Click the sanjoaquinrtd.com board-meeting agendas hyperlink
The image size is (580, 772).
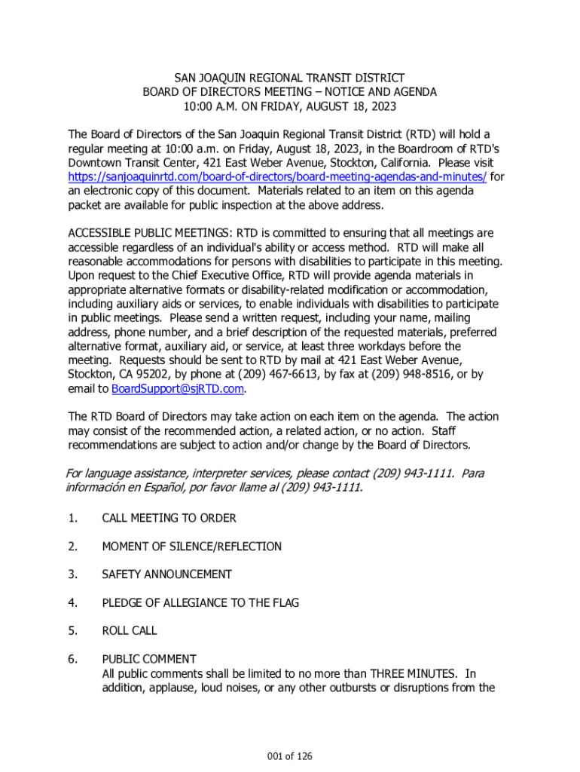point(277,176)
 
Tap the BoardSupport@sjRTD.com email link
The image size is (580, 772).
point(178,388)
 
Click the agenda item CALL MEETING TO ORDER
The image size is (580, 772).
point(169,518)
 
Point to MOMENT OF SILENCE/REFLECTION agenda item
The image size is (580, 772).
point(191,547)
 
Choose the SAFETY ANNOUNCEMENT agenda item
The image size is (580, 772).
point(166,574)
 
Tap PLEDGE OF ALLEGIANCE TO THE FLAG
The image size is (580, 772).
point(200,602)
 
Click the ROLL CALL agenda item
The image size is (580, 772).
point(130,630)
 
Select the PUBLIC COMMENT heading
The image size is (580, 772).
point(149,659)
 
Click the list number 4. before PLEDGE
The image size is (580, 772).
point(72,602)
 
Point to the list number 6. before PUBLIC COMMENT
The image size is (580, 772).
point(72,659)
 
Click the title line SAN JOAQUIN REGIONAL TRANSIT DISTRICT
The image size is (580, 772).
point(290,78)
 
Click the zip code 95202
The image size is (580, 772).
point(152,374)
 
